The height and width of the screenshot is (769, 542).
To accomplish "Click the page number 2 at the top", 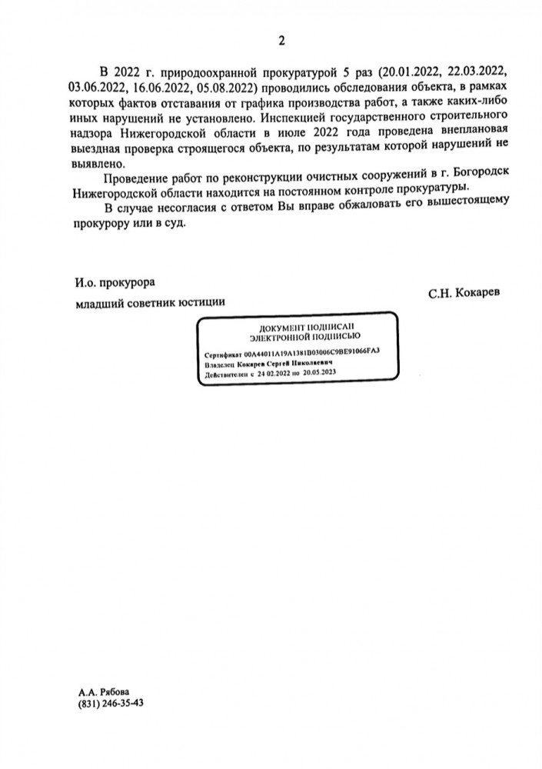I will tap(281, 41).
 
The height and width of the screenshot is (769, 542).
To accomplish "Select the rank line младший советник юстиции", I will tap(149, 301).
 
